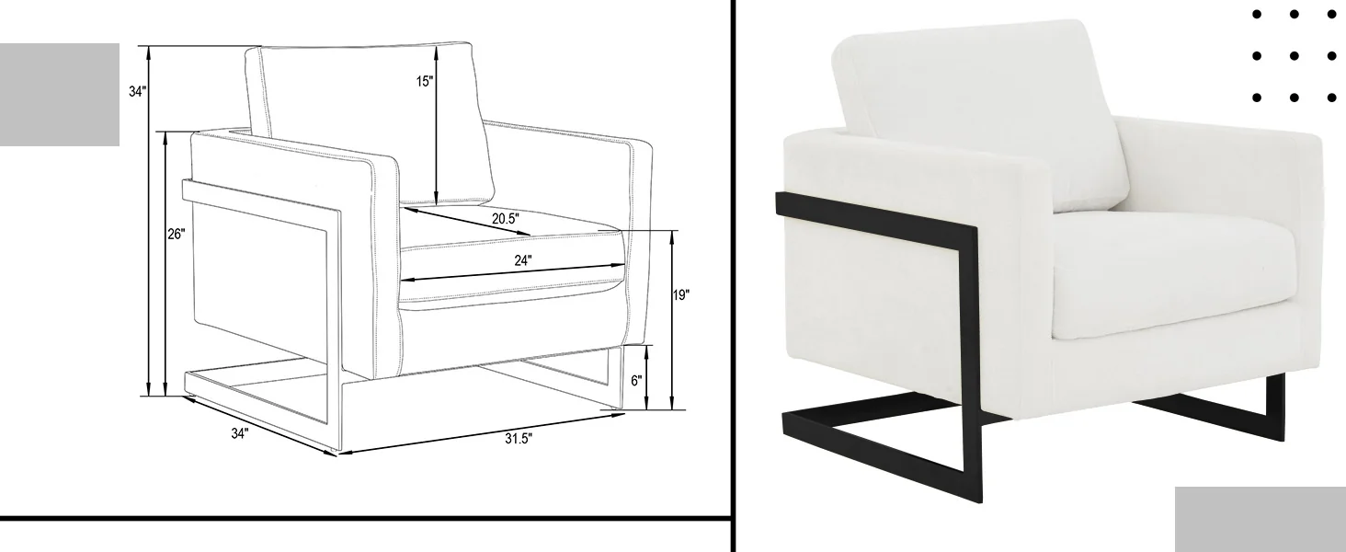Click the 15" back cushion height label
pos(424,81)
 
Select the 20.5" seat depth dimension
pos(505,219)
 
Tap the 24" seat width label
pos(523,260)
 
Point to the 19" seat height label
pos(680,295)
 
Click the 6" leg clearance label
pos(636,381)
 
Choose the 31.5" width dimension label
pos(519,438)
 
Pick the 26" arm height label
pos(177,234)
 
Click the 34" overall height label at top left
pos(138,92)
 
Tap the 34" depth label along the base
pos(240,433)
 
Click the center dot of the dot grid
pos(1295,56)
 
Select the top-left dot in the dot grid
pos(1257,15)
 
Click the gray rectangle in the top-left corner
pos(60,95)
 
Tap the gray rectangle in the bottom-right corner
pos(1260,520)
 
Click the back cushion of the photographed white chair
pos(979,114)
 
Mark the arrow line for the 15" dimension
pos(437,124)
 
